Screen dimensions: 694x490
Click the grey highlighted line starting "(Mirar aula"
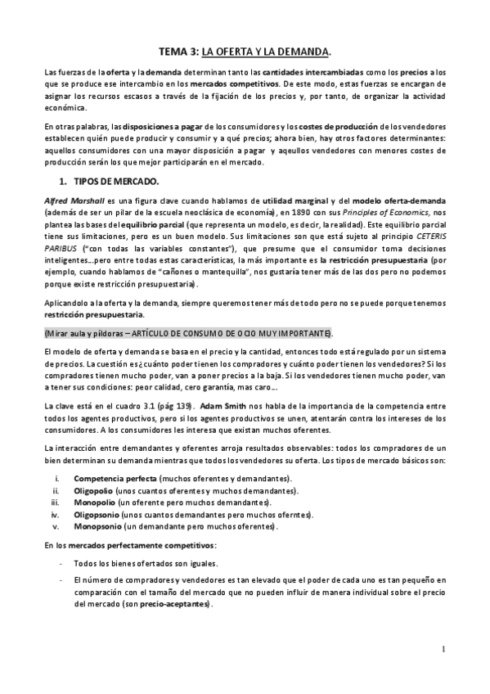click(189, 334)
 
